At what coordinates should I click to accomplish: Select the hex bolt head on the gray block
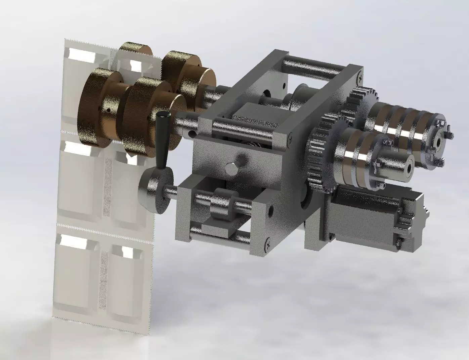point(231,167)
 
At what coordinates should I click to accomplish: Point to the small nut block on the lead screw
point(220,203)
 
